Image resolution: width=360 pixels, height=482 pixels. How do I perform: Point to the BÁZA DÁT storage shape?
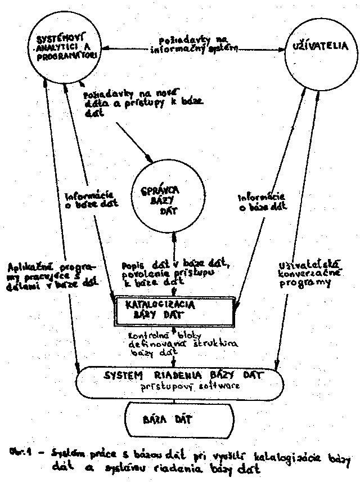pos(177,419)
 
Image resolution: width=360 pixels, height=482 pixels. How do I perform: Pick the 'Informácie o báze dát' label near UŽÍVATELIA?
pos(259,202)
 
